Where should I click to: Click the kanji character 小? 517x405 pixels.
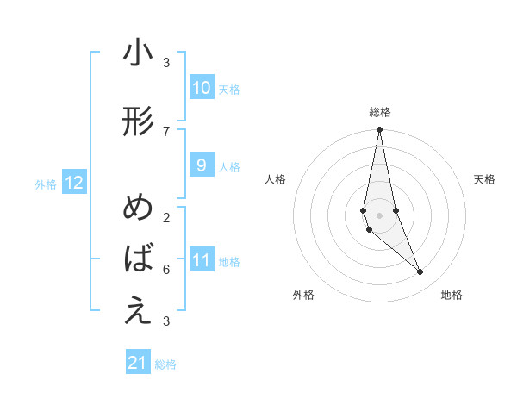pos(138,53)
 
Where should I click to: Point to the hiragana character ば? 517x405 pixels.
pos(138,258)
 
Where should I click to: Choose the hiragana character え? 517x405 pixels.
pos(138,311)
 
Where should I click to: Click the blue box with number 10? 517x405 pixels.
pos(201,88)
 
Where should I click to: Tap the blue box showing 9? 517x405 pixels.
pos(201,165)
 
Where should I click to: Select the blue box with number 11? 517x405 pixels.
pos(201,260)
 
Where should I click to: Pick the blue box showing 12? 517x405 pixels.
pos(73,183)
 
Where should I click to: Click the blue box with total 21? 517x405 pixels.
pos(138,363)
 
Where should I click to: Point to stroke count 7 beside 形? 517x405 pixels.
pos(166,131)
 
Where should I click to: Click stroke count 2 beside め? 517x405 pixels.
pos(166,217)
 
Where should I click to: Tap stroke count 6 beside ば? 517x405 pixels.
pos(166,269)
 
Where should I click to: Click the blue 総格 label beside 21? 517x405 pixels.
pos(165,364)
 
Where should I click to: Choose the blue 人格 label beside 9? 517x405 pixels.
pos(229,166)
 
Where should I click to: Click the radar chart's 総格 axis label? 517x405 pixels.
pos(380,112)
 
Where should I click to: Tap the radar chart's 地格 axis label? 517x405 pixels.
pos(452,295)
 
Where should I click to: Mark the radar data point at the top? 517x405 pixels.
pos(379,130)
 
